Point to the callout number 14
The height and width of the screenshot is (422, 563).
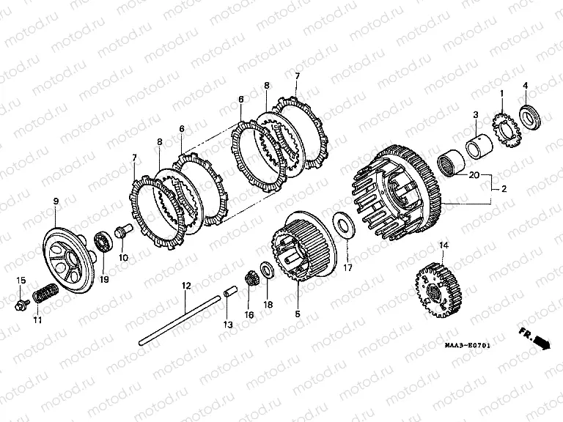click(x=443, y=244)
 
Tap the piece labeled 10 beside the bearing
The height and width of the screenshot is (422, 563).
click(x=122, y=231)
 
